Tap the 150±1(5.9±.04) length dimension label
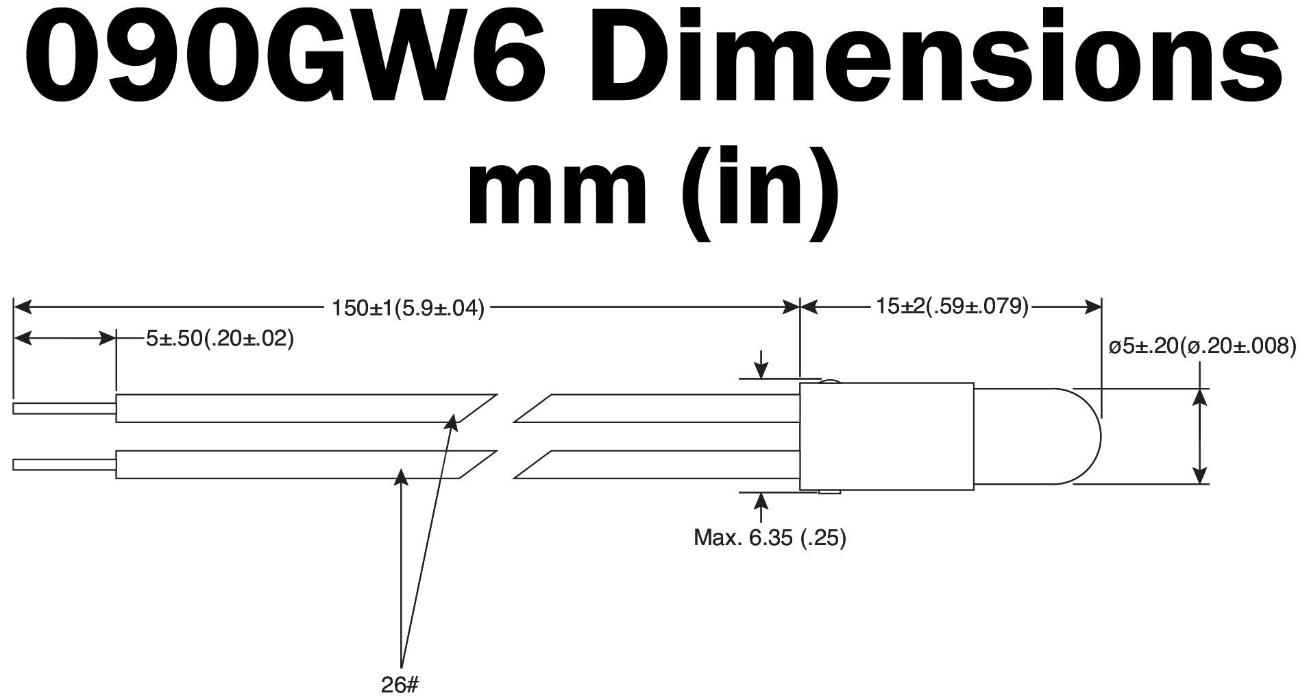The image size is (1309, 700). tap(408, 309)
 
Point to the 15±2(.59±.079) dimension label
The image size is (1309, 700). tap(952, 306)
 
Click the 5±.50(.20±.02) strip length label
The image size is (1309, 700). tap(219, 338)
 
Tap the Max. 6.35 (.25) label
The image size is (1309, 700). tap(770, 538)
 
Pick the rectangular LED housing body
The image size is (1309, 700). tap(887, 437)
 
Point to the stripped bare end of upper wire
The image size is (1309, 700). tap(64, 409)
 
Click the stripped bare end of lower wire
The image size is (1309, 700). tap(64, 465)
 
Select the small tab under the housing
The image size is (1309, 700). tap(830, 492)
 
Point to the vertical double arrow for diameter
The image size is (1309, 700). tap(1199, 436)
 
